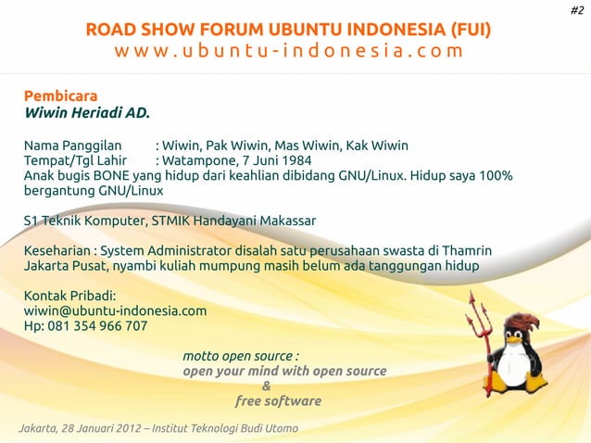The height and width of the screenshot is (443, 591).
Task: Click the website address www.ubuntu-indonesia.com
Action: click(288, 50)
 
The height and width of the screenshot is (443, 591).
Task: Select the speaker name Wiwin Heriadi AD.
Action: click(86, 114)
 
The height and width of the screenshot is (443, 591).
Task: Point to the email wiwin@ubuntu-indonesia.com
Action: click(115, 310)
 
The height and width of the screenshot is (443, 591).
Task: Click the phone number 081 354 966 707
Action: click(95, 326)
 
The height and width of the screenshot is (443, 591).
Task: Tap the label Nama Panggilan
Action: click(73, 145)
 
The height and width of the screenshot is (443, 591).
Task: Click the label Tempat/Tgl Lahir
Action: click(75, 160)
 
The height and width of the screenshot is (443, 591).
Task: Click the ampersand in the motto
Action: click(267, 386)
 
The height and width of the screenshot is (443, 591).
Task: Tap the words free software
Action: click(278, 401)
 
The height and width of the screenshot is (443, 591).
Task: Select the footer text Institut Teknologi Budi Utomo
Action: click(225, 427)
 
